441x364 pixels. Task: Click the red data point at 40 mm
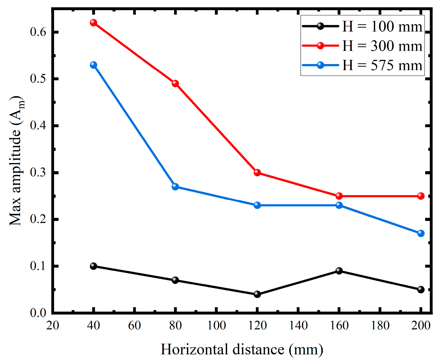point(93,23)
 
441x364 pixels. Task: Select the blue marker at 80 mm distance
point(175,187)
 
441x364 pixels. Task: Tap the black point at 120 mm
point(257,294)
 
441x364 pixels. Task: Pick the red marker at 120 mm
point(257,172)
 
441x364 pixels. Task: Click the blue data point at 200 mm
point(421,233)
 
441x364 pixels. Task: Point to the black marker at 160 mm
point(339,271)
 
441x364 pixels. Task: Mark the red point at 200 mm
point(421,196)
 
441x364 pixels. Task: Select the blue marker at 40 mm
point(93,65)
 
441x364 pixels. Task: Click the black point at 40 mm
point(93,266)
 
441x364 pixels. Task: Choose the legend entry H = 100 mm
point(382,27)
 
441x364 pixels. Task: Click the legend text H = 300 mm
point(382,46)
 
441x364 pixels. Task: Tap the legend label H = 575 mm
point(382,65)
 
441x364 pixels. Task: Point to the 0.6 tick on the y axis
point(38,32)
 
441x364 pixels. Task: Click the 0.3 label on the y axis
point(38,172)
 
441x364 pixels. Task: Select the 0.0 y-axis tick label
point(38,313)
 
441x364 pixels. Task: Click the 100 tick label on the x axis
point(216,325)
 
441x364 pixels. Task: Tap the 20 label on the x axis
point(53,325)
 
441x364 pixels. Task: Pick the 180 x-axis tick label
point(380,325)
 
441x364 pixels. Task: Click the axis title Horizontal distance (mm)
point(242,349)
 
